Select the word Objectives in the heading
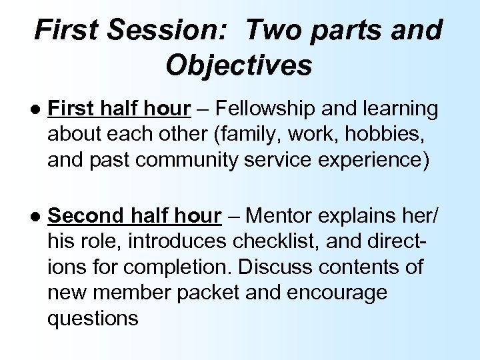[x=239, y=65]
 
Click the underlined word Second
[x=87, y=216]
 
